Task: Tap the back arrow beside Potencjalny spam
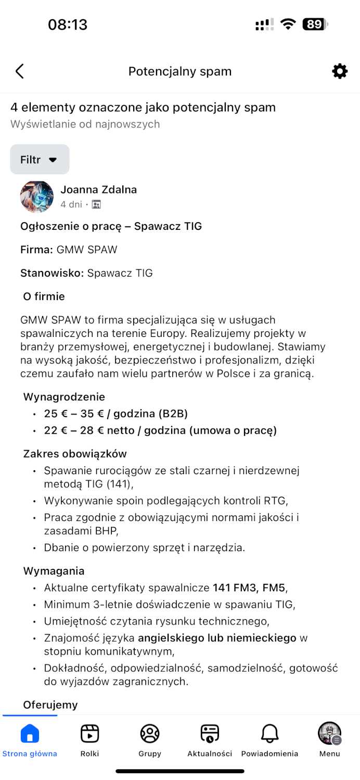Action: [x=20, y=71]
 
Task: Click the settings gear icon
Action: [x=340, y=71]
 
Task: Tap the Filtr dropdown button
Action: [x=40, y=160]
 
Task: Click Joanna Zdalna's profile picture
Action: [x=36, y=197]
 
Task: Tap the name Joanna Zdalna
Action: [x=98, y=189]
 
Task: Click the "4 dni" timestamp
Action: [x=71, y=204]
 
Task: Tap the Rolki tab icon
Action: [x=89, y=734]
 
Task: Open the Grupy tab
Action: [x=150, y=734]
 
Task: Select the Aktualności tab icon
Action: [x=210, y=734]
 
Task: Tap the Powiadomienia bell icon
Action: [x=269, y=734]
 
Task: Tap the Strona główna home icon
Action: [x=30, y=734]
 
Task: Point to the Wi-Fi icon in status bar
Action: [x=288, y=24]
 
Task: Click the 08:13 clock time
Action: [x=68, y=24]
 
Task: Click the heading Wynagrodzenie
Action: [x=64, y=397]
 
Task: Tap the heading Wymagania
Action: [x=54, y=571]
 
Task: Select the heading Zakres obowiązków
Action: [x=75, y=454]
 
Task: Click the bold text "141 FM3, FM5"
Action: [x=249, y=588]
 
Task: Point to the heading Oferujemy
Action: [x=50, y=705]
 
